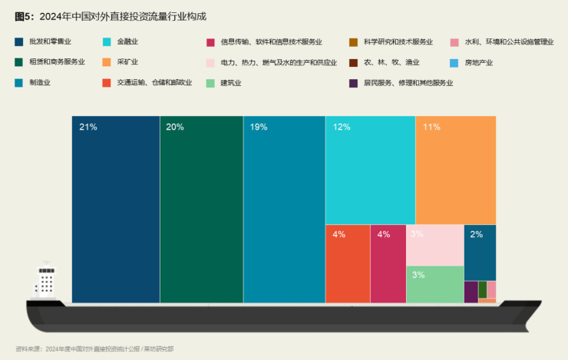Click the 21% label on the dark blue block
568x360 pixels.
point(88,127)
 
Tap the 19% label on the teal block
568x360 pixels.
point(259,127)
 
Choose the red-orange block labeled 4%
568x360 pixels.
point(347,264)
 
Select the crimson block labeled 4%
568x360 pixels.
point(388,264)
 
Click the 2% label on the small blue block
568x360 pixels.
point(476,234)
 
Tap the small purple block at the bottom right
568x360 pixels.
point(471,292)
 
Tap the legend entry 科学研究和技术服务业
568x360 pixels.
point(398,41)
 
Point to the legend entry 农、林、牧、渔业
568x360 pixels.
point(391,62)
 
